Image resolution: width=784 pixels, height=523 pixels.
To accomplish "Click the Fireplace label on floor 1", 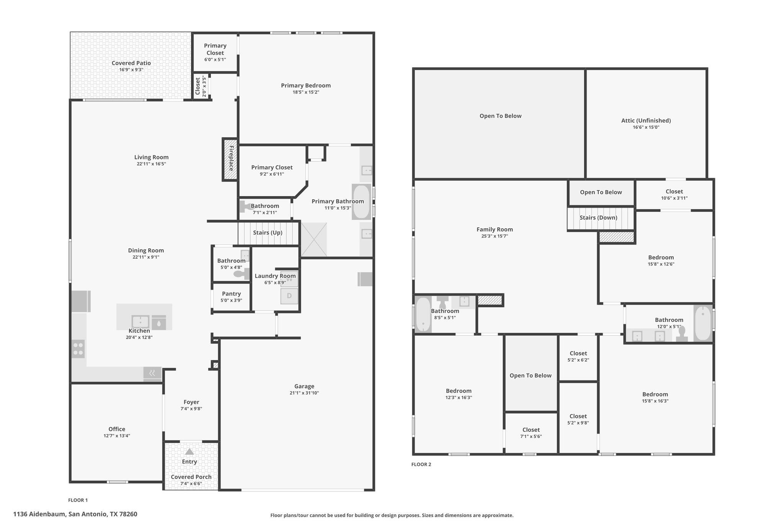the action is pyautogui.click(x=231, y=158).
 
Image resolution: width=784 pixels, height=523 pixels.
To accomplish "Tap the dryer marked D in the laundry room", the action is pyautogui.click(x=289, y=296).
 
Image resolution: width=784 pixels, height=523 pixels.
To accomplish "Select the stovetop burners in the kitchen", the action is pyautogui.click(x=78, y=349).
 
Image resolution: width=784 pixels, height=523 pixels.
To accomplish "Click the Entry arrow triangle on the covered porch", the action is pyautogui.click(x=189, y=452).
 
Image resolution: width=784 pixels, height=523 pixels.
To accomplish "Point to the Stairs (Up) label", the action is pyautogui.click(x=268, y=233).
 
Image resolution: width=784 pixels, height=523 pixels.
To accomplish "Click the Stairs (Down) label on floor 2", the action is pyautogui.click(x=598, y=218).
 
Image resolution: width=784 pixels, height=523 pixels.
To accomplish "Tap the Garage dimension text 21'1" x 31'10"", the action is pyautogui.click(x=304, y=393).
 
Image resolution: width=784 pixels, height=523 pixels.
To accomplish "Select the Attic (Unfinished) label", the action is pyautogui.click(x=646, y=120).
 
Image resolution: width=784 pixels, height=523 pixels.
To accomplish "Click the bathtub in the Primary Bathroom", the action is pyautogui.click(x=361, y=202).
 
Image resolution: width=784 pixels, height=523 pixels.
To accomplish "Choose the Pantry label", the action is pyautogui.click(x=231, y=293).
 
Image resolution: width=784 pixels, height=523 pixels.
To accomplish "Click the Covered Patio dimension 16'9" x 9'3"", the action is pyautogui.click(x=131, y=70).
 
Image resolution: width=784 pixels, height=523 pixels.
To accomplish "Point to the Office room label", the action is pyautogui.click(x=117, y=429).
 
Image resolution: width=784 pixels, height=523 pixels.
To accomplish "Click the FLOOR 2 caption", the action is pyautogui.click(x=421, y=464).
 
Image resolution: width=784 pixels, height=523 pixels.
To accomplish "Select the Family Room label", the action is pyautogui.click(x=495, y=230).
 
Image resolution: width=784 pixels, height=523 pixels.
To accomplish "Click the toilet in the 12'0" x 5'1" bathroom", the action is pyautogui.click(x=682, y=334).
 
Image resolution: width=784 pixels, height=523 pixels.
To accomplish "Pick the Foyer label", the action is pyautogui.click(x=191, y=402).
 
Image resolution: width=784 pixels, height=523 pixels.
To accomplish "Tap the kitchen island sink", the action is pyautogui.click(x=140, y=322).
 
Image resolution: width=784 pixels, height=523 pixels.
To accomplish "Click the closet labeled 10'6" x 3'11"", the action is pyautogui.click(x=675, y=194).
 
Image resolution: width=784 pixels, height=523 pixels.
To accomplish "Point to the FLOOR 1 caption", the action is pyautogui.click(x=78, y=500).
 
